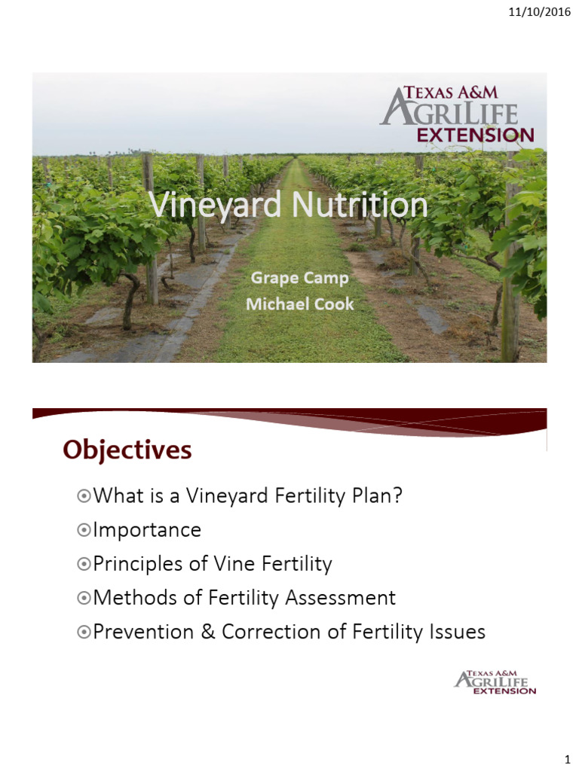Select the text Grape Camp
point(299,279)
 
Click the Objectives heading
point(127,449)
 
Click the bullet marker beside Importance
point(83,530)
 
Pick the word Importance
point(147,530)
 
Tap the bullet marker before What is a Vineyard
point(83,496)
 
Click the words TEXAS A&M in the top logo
point(449,93)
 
